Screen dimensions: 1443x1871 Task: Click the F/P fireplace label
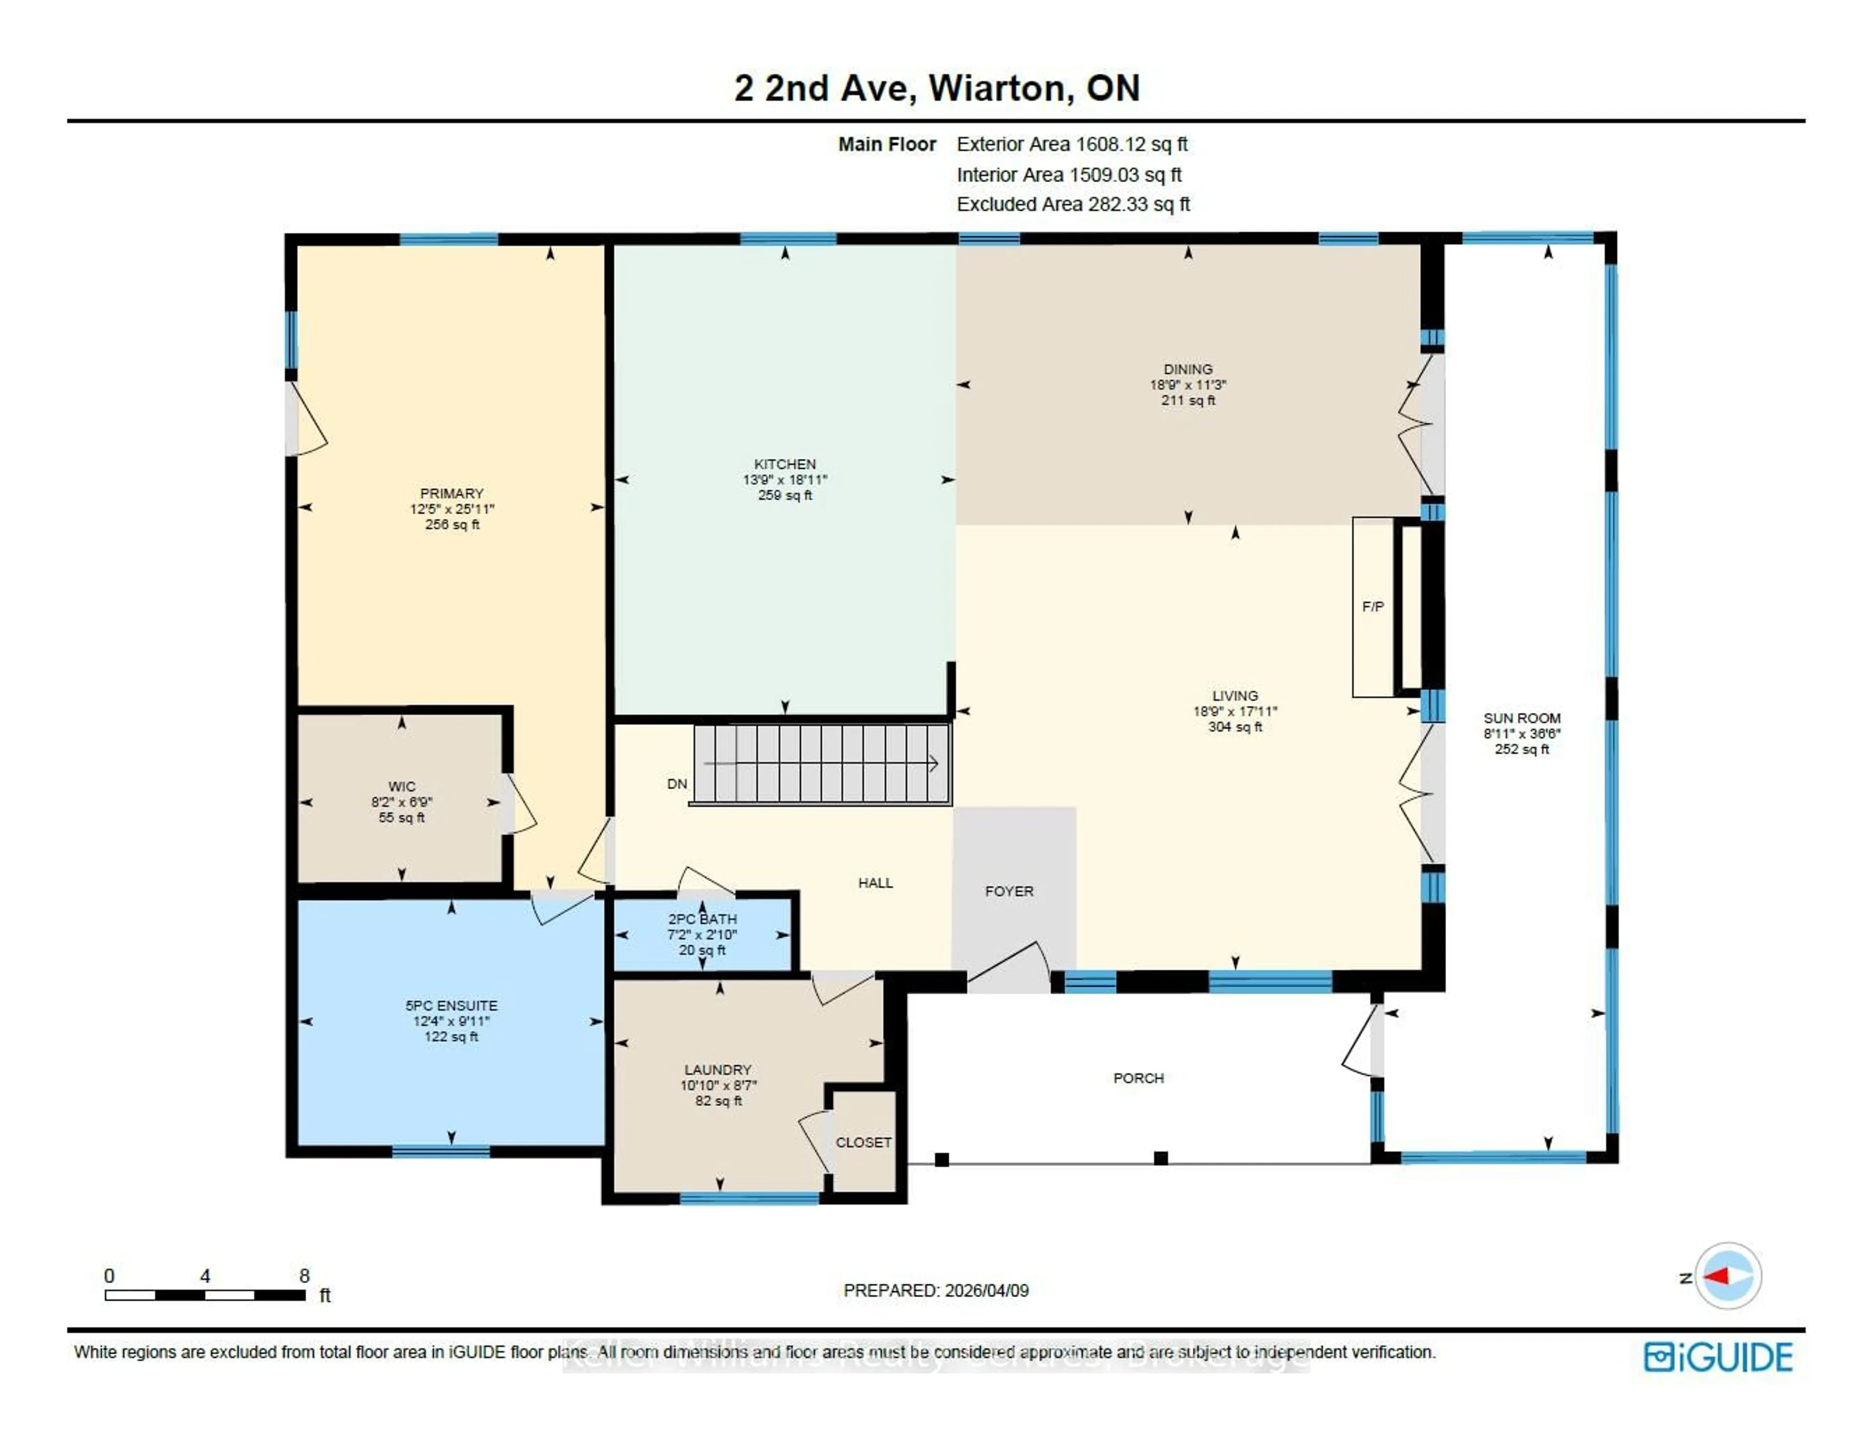(1373, 607)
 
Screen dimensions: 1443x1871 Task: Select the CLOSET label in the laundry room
(863, 1142)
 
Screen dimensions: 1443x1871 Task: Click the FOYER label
(1009, 891)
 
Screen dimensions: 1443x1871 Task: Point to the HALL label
(876, 883)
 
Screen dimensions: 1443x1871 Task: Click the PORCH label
(1139, 1078)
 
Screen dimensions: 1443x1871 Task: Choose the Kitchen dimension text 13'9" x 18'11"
(785, 480)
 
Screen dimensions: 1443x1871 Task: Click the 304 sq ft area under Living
(1235, 727)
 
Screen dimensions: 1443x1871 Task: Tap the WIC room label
(402, 787)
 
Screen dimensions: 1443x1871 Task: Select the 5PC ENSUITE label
(452, 1005)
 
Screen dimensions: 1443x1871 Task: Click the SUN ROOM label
(1522, 718)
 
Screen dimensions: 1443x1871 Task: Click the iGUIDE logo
(1718, 1357)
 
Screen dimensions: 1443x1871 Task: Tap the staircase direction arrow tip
(936, 764)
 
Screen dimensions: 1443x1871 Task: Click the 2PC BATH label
(703, 919)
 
